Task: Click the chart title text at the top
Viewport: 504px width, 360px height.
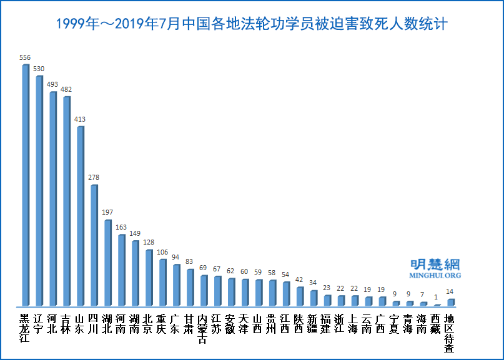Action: tap(251, 24)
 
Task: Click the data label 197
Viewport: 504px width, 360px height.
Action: tap(107, 213)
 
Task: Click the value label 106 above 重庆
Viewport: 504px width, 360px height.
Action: tap(162, 252)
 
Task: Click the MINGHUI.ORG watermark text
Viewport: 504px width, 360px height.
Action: tap(435, 275)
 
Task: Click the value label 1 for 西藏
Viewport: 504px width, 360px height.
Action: tap(437, 296)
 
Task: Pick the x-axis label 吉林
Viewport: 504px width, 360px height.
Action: tap(66, 320)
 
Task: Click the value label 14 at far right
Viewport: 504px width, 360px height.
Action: tap(450, 291)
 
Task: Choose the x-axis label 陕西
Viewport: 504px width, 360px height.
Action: tap(300, 320)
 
